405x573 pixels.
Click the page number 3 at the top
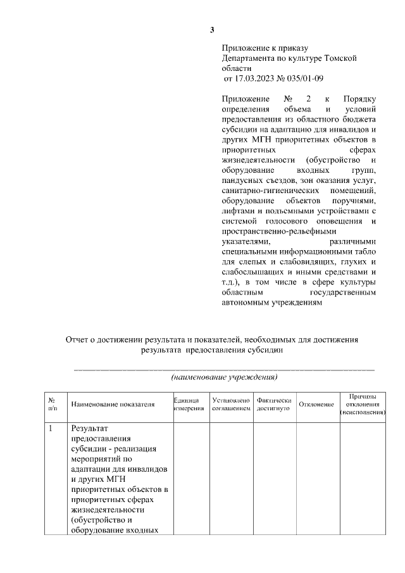click(213, 30)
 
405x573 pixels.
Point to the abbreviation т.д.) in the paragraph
click(232, 282)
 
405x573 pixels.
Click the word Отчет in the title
click(78, 339)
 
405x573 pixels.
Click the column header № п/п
click(53, 404)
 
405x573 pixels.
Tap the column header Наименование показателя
click(113, 404)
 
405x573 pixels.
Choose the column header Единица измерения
click(190, 404)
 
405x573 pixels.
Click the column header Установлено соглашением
click(231, 404)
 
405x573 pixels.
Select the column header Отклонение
click(316, 404)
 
